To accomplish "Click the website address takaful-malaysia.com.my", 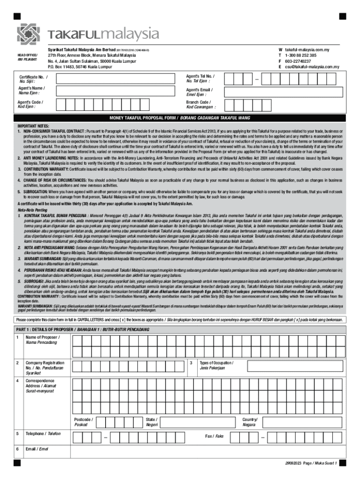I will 311,49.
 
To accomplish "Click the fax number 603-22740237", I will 298,61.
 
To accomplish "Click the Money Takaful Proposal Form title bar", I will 180,118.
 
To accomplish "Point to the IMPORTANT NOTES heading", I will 33,126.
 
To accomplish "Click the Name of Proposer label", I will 43,340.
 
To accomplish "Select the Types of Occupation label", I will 216,365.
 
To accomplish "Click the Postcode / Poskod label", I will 84,422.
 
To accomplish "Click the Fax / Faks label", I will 214,436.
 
